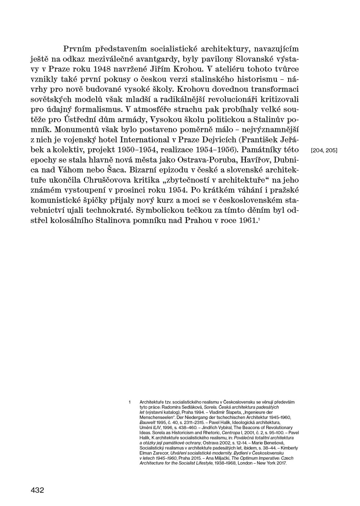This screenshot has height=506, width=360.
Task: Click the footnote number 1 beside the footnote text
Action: coord(130,402)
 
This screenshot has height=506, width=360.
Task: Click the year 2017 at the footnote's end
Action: coord(281,463)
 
